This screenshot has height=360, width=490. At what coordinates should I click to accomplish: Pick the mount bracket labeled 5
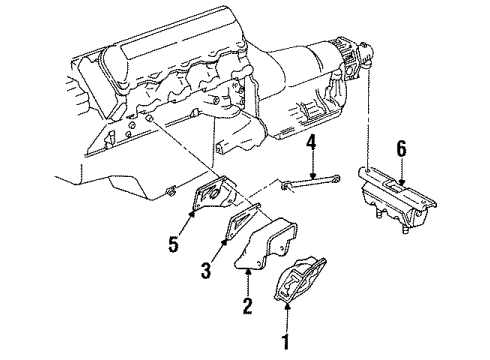tap(210, 204)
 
